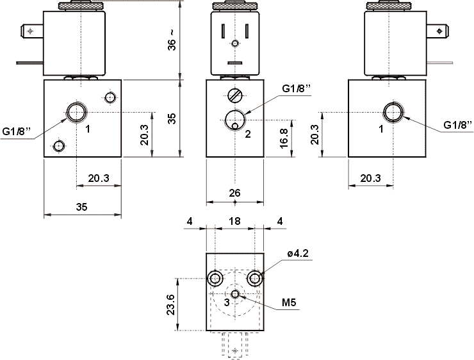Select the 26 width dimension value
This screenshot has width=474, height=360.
pos(235,192)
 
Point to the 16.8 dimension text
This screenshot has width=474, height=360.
pos(284,136)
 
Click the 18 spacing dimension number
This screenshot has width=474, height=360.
pos(235,222)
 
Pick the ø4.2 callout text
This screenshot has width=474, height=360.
pos(298,254)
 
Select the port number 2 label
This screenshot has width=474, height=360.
pos(247,134)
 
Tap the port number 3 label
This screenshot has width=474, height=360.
pos(226,302)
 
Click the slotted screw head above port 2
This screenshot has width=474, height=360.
pos(235,97)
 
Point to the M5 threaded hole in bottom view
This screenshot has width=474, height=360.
pos(236,294)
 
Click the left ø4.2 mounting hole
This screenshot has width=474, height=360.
pos(215,278)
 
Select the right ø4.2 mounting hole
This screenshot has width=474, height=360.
pos(256,278)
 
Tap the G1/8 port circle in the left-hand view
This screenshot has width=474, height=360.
pos(76,112)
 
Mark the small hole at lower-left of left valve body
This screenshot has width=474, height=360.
pos(60,145)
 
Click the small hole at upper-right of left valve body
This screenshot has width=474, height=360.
pos(110,97)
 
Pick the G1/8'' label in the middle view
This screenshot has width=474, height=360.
pos(295,88)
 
